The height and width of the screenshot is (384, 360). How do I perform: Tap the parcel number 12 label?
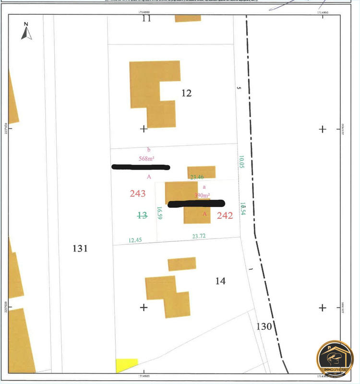tap(187, 93)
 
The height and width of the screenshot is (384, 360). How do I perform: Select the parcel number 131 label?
tap(80, 249)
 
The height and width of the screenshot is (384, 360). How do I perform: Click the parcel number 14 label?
tap(220, 281)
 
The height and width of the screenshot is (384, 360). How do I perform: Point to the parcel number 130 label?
tap(264, 327)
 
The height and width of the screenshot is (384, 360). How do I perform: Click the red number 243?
tap(138, 193)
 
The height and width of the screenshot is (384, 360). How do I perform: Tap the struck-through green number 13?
tap(142, 216)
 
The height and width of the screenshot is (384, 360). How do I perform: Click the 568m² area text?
tap(149, 158)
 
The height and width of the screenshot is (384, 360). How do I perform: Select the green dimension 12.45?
tap(135, 240)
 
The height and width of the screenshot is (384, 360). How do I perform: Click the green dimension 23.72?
tap(199, 236)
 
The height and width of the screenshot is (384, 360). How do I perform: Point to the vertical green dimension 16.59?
tap(159, 213)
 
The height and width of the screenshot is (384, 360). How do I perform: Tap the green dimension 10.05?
tap(242, 162)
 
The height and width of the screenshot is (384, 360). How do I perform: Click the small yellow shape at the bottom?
tap(126, 364)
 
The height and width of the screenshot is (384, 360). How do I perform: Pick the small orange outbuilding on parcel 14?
tap(182, 264)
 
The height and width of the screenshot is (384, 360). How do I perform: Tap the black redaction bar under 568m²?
tap(141, 167)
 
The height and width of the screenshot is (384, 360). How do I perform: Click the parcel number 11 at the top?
tap(146, 19)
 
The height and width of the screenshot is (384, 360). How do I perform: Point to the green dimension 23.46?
tap(197, 177)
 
